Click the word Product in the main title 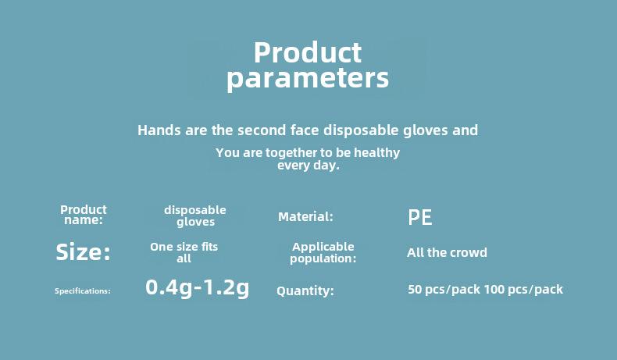tap(308, 52)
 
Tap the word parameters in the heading tap(308, 79)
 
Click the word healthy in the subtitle tap(377, 152)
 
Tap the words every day tap(308, 166)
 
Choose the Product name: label tap(84, 215)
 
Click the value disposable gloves tap(195, 216)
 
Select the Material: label tap(305, 216)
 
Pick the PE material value tap(420, 217)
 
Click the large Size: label tap(83, 251)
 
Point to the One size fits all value tap(184, 252)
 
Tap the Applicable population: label tap(323, 252)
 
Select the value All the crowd tap(447, 252)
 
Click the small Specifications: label tap(83, 291)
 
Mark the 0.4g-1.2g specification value tap(197, 288)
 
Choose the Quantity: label tap(305, 290)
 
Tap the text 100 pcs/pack tap(524, 290)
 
